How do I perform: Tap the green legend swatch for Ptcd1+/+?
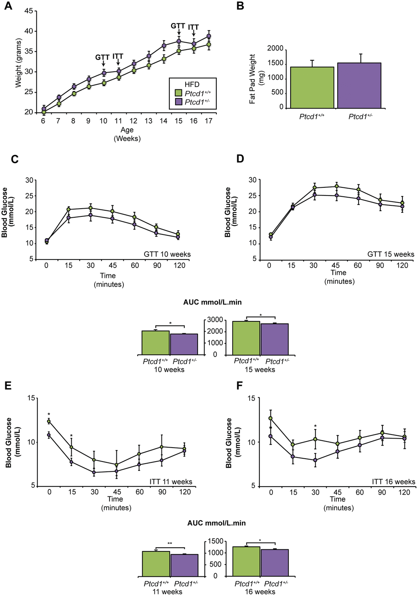(178, 93)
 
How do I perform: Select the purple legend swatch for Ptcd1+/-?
(178, 102)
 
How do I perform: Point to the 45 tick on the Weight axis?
(29, 11)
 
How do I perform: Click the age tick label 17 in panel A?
(208, 121)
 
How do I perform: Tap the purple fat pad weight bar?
(359, 85)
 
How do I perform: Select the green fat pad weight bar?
(312, 87)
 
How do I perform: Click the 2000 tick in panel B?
(275, 49)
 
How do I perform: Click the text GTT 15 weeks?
(391, 254)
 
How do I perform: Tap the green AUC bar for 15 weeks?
(246, 338)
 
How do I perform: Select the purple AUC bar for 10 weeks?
(184, 344)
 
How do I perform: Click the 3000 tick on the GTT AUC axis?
(216, 320)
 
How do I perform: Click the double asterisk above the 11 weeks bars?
(170, 544)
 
